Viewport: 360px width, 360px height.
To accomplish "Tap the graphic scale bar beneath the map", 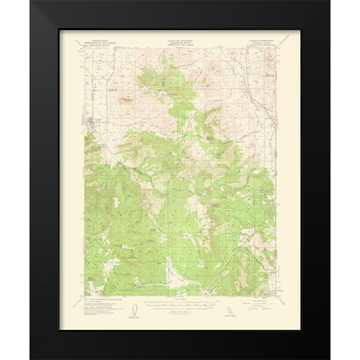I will (180, 304).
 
